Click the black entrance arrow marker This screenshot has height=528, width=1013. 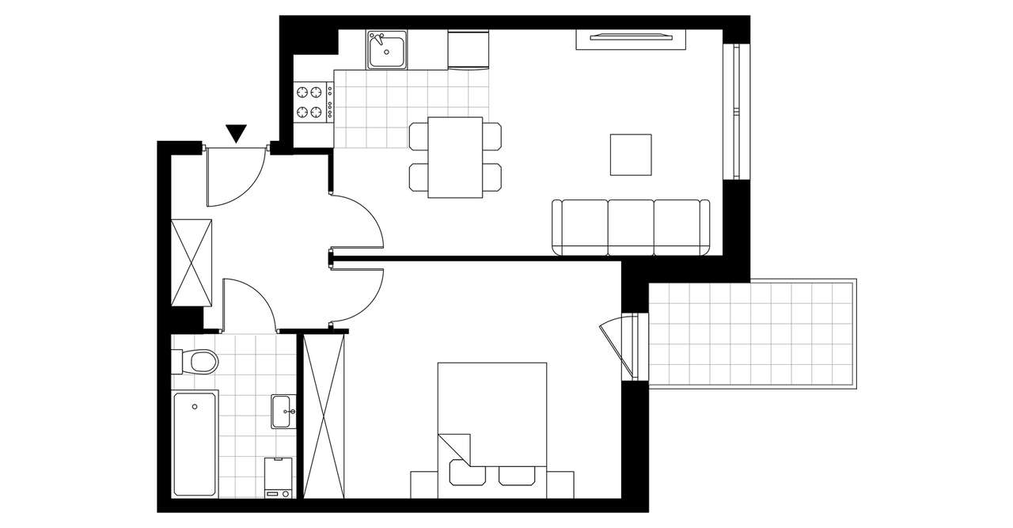coord(237,133)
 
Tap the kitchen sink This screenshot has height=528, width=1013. coord(387,51)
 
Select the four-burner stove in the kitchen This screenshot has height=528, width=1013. coord(313,102)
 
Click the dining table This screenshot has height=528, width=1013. coord(455,157)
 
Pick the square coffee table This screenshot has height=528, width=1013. coord(631,154)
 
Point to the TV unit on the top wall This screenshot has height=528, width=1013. coord(631,38)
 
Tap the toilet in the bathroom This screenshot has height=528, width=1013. coord(198,362)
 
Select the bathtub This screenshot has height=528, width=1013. coord(195,443)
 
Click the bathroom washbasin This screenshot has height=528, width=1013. coord(283,411)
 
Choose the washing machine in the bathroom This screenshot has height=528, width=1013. coord(278,477)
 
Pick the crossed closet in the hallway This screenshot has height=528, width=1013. coord(192,261)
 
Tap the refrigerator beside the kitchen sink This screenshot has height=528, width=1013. coord(468,50)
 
